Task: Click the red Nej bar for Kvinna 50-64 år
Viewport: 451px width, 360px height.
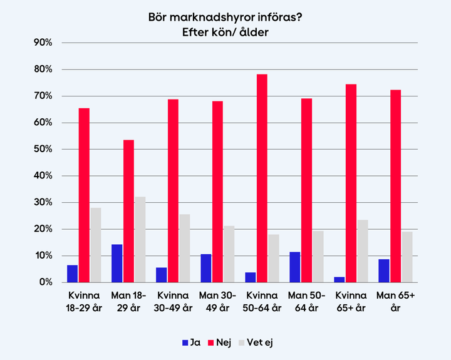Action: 262,178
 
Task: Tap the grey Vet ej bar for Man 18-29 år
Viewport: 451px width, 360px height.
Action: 140,239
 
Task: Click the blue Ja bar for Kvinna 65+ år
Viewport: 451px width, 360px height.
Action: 340,279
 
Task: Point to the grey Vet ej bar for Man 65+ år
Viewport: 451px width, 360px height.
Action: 407,257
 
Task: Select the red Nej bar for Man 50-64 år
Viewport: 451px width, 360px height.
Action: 306,190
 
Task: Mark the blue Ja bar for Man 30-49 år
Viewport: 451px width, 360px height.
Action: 206,268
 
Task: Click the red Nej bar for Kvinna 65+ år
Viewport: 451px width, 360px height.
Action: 351,183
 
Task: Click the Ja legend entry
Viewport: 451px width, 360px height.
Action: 190,342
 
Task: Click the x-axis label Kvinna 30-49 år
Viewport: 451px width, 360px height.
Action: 173,300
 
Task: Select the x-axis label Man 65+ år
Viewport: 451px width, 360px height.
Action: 395,300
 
